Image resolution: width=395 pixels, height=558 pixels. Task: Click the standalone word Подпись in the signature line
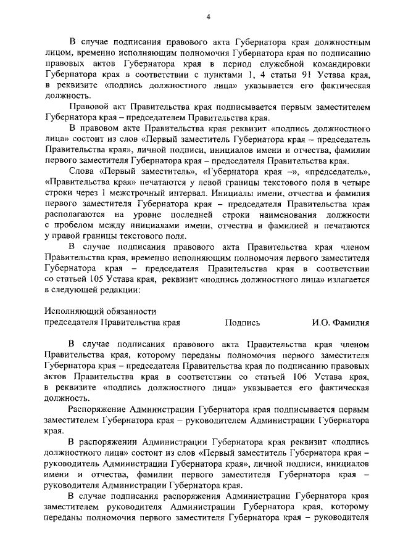(x=243, y=322)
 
